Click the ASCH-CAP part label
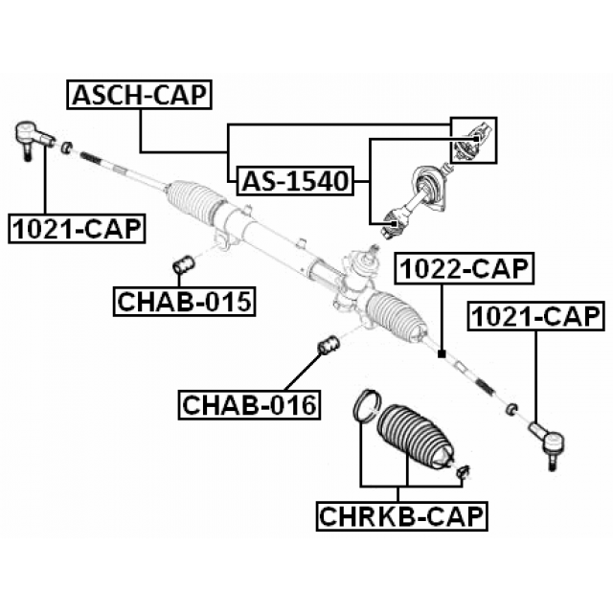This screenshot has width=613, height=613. (140, 94)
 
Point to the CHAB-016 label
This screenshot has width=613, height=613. (249, 405)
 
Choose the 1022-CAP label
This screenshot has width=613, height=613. (465, 270)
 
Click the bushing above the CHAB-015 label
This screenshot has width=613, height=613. (183, 262)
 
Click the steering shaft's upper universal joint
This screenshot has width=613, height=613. (472, 136)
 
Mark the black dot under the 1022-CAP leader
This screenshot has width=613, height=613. (441, 354)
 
